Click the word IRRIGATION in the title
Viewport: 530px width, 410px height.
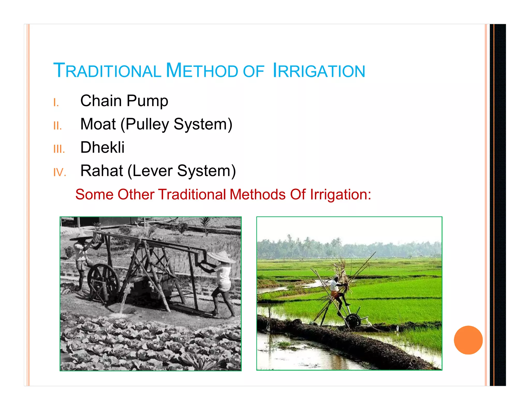319,71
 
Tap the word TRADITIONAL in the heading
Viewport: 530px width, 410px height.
107,71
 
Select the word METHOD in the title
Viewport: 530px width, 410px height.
202,71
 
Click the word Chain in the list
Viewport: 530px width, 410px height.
101,101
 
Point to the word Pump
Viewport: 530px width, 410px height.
147,101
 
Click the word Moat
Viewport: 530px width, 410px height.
98,124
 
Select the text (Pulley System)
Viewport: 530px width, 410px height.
176,124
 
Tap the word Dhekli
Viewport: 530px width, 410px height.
102,147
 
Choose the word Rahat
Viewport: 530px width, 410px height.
102,171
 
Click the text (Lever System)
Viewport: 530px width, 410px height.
182,171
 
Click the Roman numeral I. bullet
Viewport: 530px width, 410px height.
56,103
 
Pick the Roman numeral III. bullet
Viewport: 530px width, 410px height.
59,149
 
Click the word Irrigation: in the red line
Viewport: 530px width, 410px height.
341,194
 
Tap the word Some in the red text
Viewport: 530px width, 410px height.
94,194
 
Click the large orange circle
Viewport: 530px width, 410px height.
468,340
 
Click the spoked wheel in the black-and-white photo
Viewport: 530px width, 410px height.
103,279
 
